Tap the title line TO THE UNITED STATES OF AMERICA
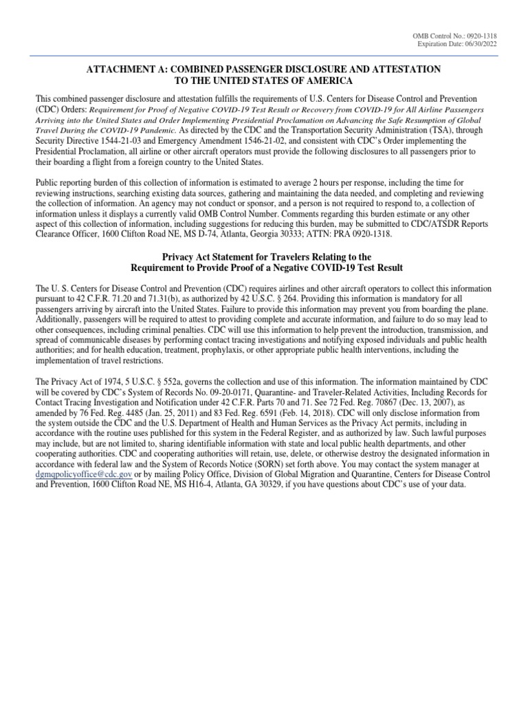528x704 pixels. click(264, 81)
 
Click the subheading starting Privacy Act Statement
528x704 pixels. click(264, 256)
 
